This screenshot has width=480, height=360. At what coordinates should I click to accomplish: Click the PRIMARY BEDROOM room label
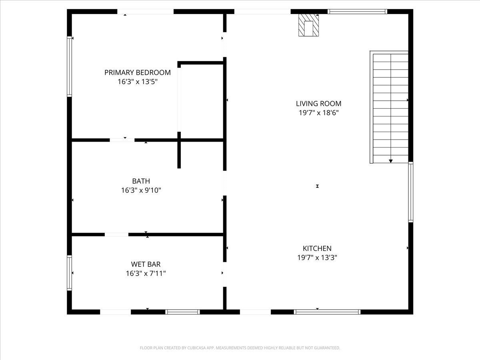[x=137, y=72]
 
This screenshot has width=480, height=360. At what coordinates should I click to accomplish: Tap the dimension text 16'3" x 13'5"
[x=138, y=82]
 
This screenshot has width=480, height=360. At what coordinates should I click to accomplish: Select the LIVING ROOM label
[x=319, y=104]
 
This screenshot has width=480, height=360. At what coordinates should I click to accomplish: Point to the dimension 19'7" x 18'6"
[x=319, y=113]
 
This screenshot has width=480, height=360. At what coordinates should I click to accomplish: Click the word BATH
[x=141, y=181]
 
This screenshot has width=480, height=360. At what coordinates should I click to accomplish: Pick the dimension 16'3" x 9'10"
[x=141, y=190]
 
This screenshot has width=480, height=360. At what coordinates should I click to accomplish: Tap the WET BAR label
[x=146, y=264]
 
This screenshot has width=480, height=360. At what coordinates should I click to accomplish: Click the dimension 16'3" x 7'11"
[x=146, y=274]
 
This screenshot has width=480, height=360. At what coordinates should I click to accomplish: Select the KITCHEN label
[x=317, y=248]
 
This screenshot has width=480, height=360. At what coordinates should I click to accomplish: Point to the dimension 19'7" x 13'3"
[x=317, y=258]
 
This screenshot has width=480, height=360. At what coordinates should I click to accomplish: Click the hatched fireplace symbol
[x=308, y=25]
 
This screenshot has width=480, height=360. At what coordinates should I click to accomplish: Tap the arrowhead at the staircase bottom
[x=390, y=161]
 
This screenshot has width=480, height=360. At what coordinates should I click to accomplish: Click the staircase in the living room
[x=389, y=107]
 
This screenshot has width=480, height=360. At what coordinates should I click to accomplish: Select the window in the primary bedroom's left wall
[x=69, y=66]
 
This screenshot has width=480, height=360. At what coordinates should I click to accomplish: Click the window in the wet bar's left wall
[x=69, y=273]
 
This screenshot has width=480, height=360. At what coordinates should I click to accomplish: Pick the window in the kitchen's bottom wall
[x=327, y=312]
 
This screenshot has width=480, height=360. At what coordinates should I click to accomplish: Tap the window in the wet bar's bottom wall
[x=182, y=312]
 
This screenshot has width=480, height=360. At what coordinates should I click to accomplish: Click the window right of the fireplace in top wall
[x=357, y=12]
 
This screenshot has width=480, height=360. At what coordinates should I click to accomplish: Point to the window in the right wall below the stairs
[x=411, y=192]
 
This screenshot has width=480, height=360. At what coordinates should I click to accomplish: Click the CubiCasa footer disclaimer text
[x=240, y=348]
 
